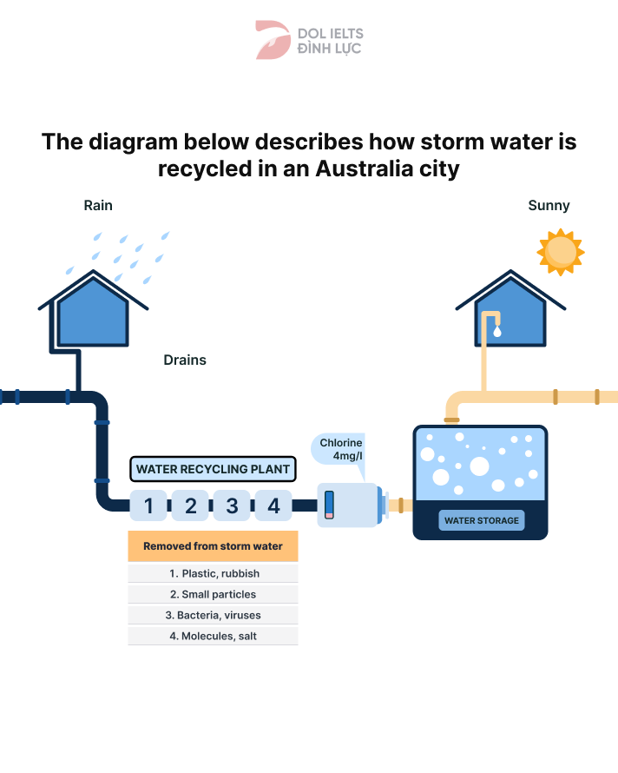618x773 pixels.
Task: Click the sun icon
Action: [560, 251]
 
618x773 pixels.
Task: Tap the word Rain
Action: [98, 206]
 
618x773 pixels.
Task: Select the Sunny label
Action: [549, 206]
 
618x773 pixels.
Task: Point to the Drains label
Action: [185, 360]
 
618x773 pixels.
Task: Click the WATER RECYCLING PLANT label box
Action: [213, 469]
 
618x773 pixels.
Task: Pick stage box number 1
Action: [149, 505]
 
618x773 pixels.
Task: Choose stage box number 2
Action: [191, 505]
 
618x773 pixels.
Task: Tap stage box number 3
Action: [232, 505]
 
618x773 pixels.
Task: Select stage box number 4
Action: [273, 505]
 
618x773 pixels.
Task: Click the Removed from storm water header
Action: [213, 546]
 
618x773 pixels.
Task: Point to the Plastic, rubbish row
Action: [213, 573]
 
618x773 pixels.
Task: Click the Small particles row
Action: [213, 595]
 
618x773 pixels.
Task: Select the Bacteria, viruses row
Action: [213, 615]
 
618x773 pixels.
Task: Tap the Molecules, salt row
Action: [213, 636]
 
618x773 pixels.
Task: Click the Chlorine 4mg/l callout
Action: [339, 449]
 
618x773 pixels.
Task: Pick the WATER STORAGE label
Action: [481, 521]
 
